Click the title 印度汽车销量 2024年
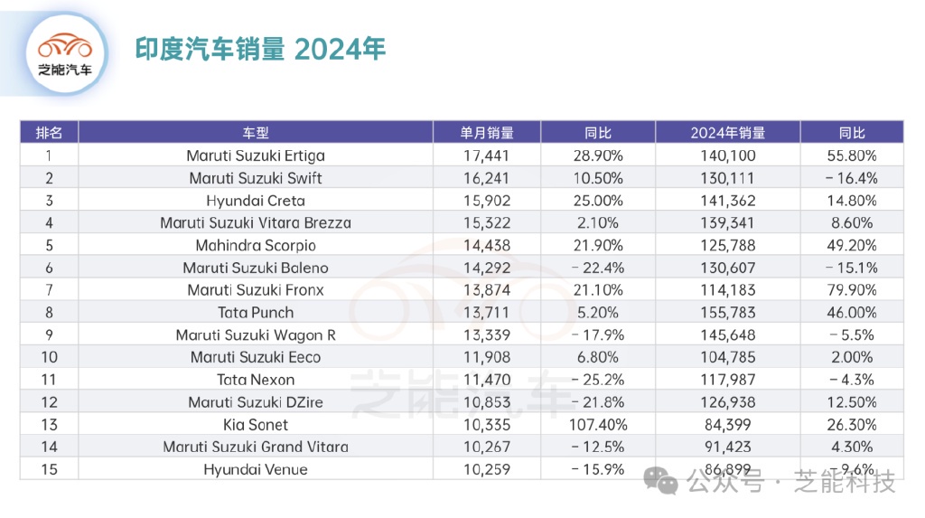[x=260, y=49]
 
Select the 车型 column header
[x=256, y=133]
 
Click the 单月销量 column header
[x=486, y=133]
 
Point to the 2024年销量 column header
[x=727, y=133]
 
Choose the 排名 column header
[x=49, y=133]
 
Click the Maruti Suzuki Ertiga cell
[x=256, y=155]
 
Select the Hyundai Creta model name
[x=256, y=201]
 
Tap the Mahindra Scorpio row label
[x=256, y=245]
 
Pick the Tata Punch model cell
[x=256, y=313]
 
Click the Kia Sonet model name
[x=256, y=424]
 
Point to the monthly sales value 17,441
[x=486, y=155]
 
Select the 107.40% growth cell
[x=598, y=424]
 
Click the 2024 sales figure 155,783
[x=727, y=313]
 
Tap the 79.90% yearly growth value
[x=851, y=290]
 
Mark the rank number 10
[x=49, y=357]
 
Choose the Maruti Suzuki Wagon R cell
[x=256, y=334]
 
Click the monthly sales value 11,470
[x=486, y=380]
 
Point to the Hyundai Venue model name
[x=256, y=469]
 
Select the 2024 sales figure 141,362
[x=727, y=201]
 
